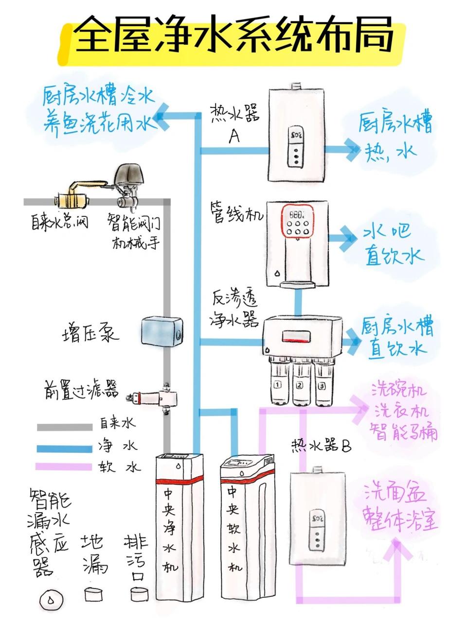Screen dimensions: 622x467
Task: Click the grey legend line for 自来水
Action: pos(65,427)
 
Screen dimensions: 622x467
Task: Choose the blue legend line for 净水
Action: pos(65,448)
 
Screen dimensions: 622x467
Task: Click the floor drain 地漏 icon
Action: pos(94,594)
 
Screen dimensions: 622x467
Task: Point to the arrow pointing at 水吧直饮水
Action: pos(346,238)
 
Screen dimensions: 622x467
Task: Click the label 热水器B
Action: pos(321,445)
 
